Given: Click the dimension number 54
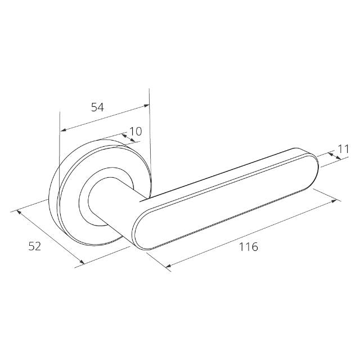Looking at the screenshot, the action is [x=97, y=107].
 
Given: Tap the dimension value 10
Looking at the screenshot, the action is [x=136, y=131].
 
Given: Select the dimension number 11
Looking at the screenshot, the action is [x=344, y=148].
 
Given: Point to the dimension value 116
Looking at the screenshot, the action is [x=249, y=247].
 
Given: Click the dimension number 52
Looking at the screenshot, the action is [x=35, y=246].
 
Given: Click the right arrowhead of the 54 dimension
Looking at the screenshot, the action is [x=146, y=105].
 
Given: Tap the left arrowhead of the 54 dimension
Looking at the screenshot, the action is [x=63, y=130].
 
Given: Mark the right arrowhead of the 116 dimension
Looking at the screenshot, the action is [x=334, y=201].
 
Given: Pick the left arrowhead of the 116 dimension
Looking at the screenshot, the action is [x=168, y=266].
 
